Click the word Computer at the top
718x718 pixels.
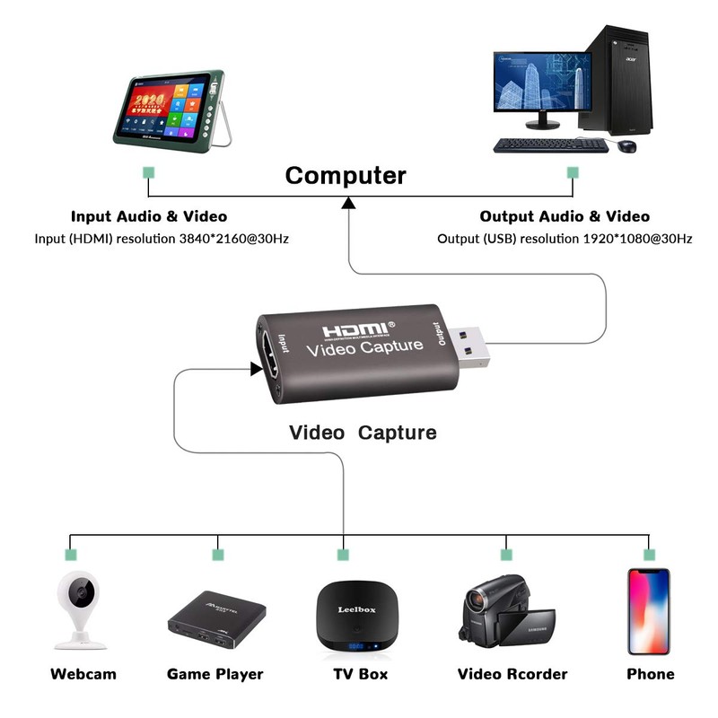(x=346, y=175)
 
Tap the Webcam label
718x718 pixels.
(x=83, y=674)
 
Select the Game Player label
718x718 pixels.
(x=215, y=674)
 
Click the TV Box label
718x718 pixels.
(x=355, y=674)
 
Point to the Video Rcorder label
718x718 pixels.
(x=512, y=674)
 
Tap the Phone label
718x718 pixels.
(x=651, y=674)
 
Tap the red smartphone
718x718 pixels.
(x=649, y=609)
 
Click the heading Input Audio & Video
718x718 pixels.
(x=149, y=216)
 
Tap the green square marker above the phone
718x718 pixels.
(x=649, y=555)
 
